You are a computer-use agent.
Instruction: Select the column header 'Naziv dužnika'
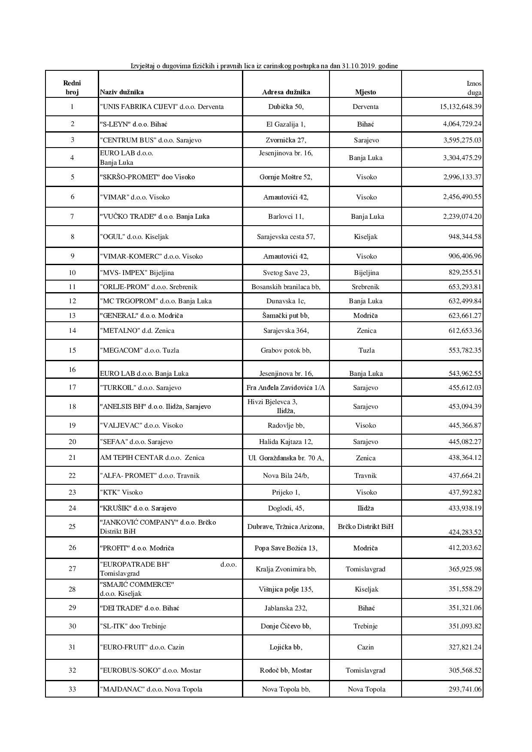(122, 92)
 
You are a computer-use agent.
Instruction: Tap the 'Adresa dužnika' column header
(286, 92)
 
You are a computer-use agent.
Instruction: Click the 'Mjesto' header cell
(366, 92)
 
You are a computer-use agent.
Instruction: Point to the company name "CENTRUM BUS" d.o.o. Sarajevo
(151, 140)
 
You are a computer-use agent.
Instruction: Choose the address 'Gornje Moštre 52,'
(286, 177)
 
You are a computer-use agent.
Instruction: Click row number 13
(72, 316)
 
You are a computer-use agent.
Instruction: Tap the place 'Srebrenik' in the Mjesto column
(366, 287)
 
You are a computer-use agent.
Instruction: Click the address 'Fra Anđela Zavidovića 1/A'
(286, 388)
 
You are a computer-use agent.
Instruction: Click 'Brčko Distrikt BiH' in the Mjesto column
(366, 527)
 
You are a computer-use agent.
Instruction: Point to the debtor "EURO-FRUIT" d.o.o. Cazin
(142, 647)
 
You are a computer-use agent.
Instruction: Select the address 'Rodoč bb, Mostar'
(286, 670)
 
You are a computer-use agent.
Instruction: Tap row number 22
(72, 476)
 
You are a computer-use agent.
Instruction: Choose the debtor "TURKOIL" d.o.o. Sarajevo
(141, 388)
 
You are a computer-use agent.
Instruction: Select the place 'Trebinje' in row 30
(366, 626)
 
